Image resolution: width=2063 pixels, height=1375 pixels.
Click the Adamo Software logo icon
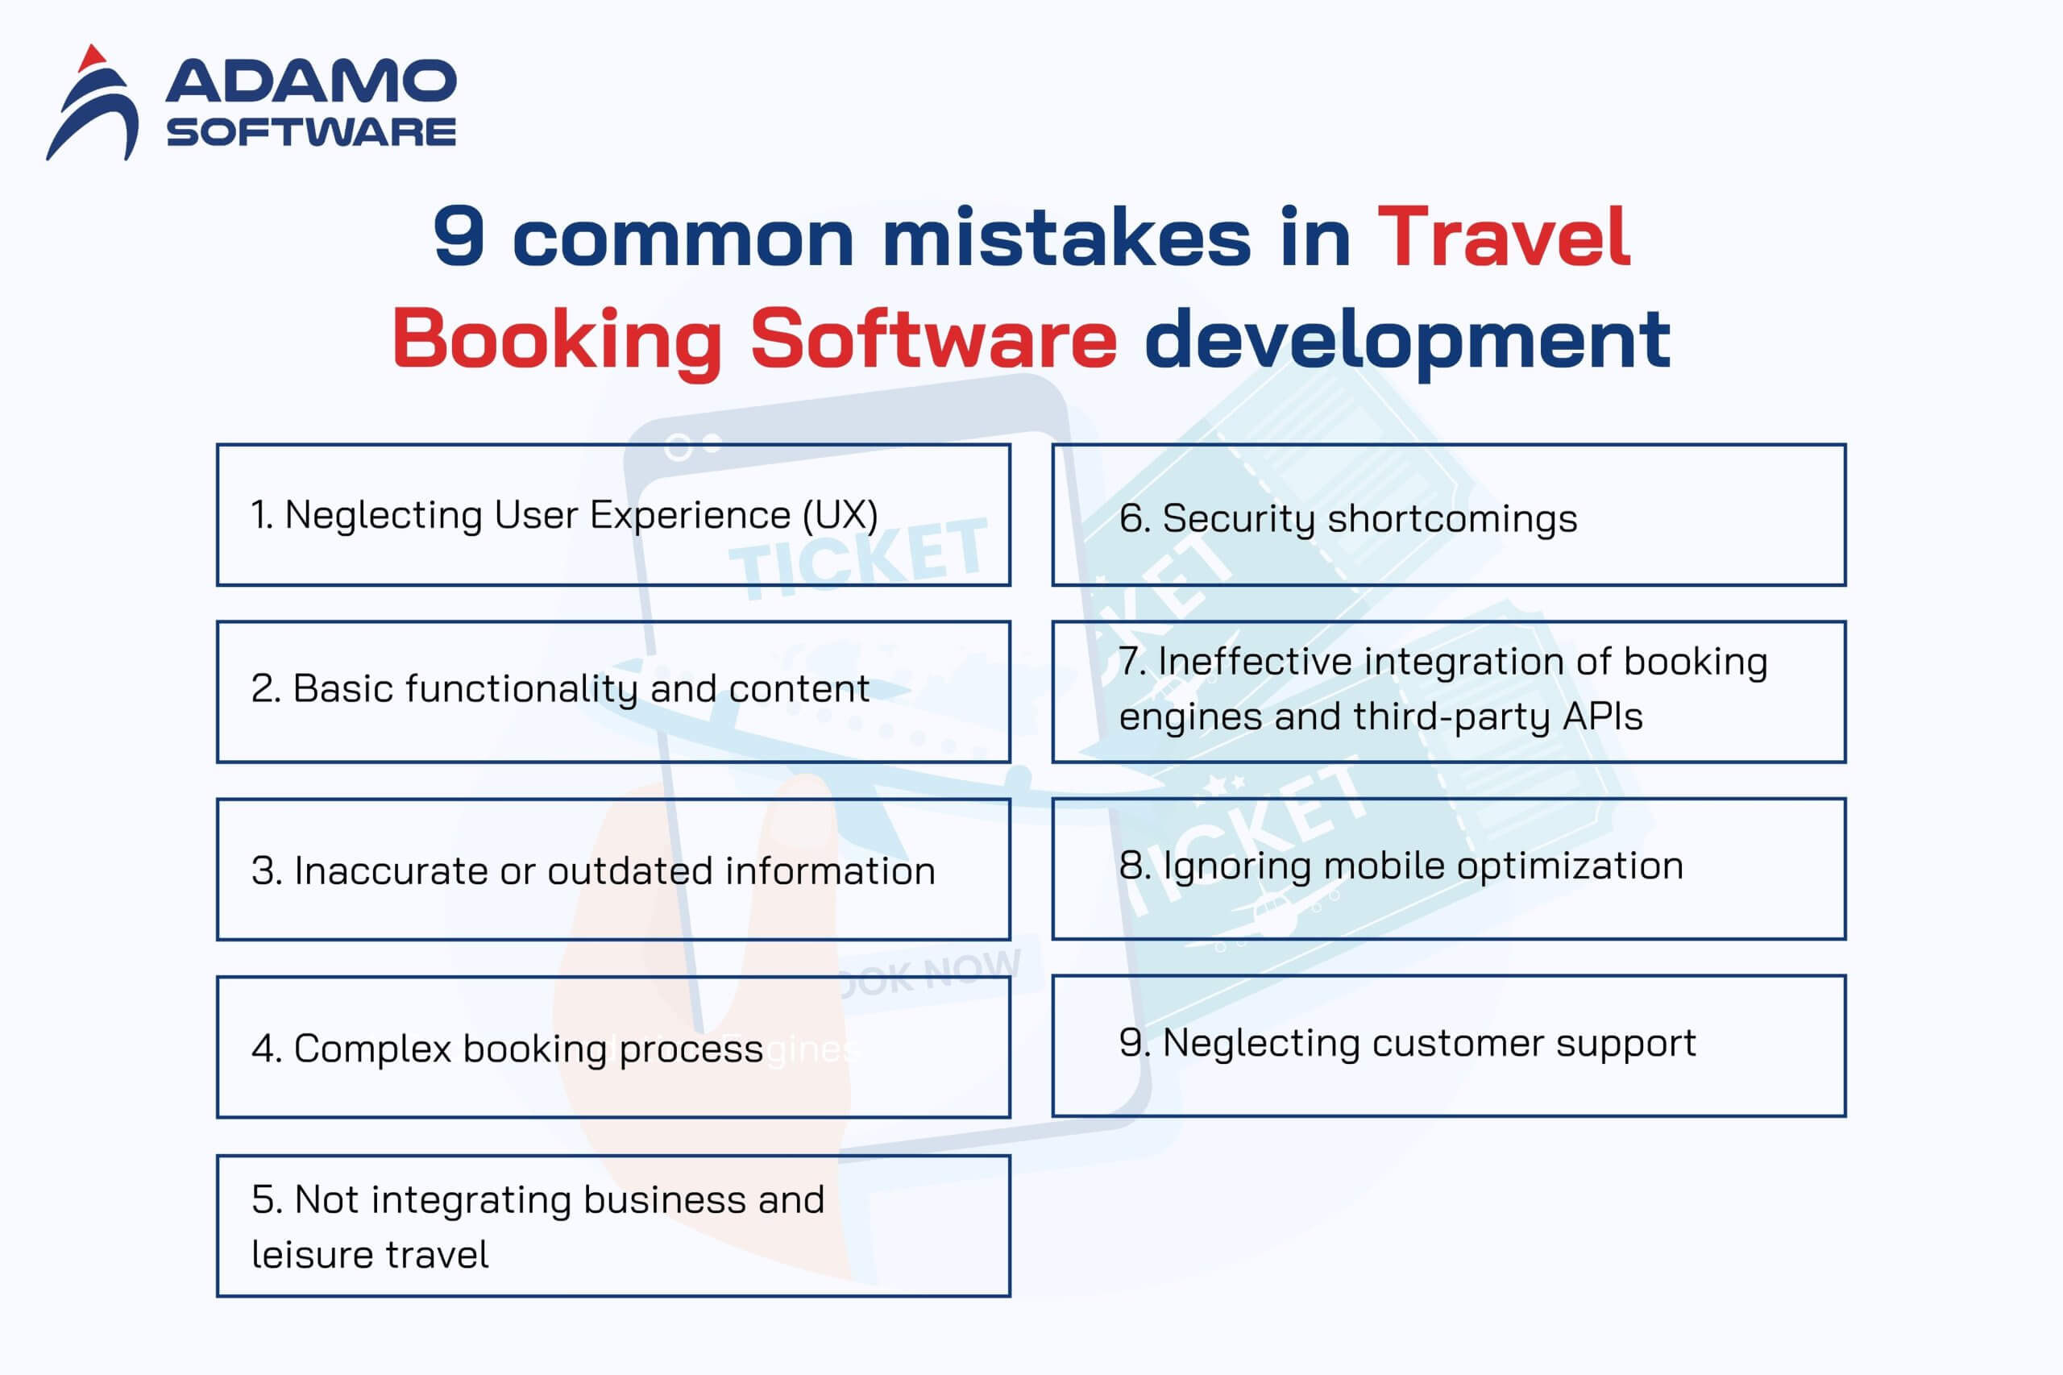(92, 103)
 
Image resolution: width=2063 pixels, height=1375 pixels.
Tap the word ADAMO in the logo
(311, 81)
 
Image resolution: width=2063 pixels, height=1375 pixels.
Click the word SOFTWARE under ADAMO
(311, 132)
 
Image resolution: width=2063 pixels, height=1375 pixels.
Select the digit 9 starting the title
(459, 236)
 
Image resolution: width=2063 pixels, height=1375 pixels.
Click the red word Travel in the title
(1504, 236)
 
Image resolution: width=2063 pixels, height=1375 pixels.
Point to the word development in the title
(1407, 341)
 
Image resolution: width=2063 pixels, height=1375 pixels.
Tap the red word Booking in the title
(558, 341)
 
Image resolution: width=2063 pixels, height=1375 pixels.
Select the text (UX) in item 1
(841, 515)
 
